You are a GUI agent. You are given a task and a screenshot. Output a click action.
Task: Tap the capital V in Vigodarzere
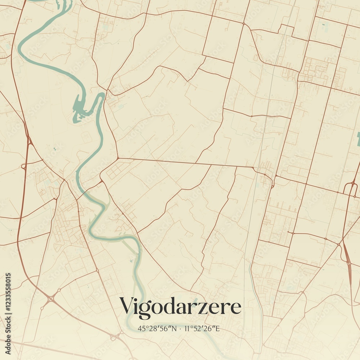pos(127,306)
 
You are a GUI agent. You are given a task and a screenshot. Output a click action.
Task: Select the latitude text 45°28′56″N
pos(157,328)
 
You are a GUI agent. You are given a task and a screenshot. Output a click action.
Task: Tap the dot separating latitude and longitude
pos(180,328)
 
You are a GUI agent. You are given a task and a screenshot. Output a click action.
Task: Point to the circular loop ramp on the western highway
pos(24,167)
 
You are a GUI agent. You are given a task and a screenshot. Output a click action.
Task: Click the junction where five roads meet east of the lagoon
pos(118,158)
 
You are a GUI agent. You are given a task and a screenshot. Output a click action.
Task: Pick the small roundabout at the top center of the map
pos(244,24)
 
